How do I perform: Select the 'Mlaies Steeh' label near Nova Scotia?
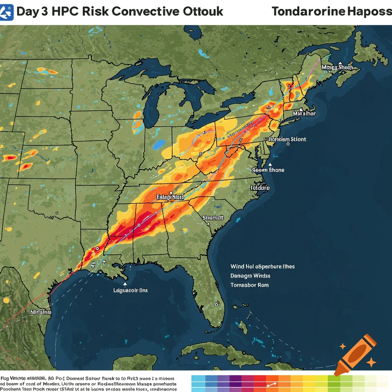pos(337,67)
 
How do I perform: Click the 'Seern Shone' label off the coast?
pos(268,170)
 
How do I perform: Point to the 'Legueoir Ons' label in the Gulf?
pos(131,290)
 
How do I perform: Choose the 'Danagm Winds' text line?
pos(250,276)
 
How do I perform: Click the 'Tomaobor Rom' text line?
pos(249,285)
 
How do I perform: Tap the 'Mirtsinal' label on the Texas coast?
pos(41,312)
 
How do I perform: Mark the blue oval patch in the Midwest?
pos(158,144)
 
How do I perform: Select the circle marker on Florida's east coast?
pos(216,305)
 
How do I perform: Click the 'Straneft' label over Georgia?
pos(213,217)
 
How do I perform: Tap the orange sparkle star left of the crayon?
pos(343,346)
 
